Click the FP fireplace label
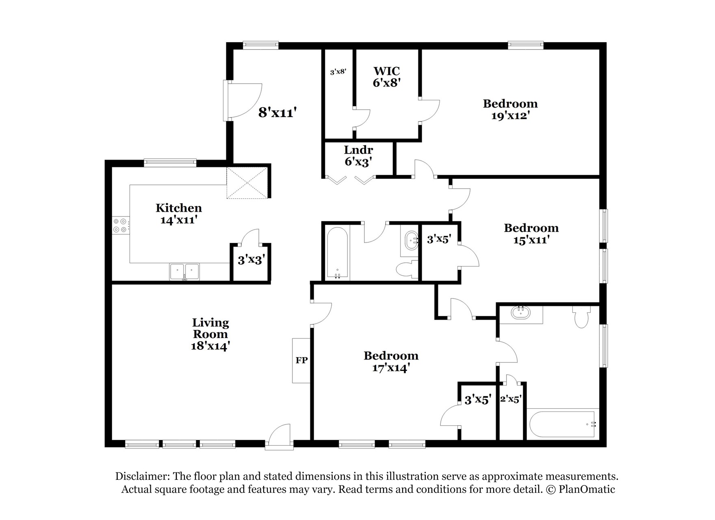pos(301,360)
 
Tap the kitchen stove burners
pos(121,225)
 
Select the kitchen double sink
pos(184,271)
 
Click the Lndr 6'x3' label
pos(358,156)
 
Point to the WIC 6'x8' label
pos(387,77)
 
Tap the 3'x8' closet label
pos(338,72)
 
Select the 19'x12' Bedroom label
pos(510,110)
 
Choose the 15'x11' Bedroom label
pos(531,234)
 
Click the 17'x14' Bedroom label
pos(391,362)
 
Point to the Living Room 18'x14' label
pos(210,334)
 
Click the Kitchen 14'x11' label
pos(179,214)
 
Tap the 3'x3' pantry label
pos(251,260)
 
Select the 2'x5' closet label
pos(511,399)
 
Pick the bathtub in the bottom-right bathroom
pos(562,425)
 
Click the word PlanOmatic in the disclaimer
pos(587,489)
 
